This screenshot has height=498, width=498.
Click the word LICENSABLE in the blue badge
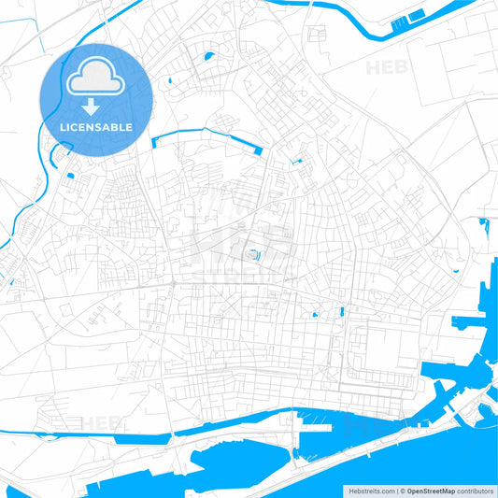tap(96, 126)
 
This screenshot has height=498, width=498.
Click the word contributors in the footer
tap(476, 490)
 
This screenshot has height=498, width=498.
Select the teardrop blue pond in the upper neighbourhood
tap(207, 59)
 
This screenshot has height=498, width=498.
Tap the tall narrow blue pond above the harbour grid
tap(343, 310)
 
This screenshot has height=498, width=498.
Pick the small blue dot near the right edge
tap(456, 271)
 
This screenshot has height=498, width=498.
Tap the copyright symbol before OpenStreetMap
tap(403, 490)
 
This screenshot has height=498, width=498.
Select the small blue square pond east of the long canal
tap(299, 162)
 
